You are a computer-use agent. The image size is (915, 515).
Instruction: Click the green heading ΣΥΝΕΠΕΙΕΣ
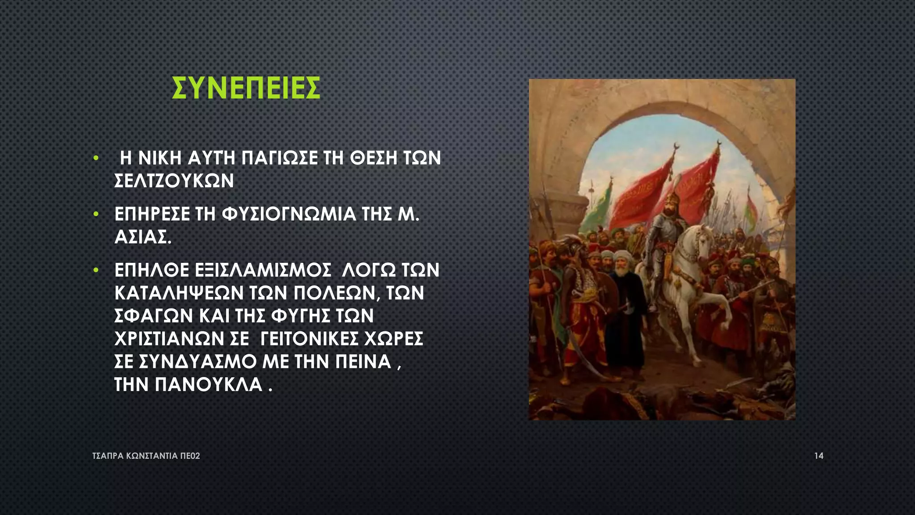click(246, 88)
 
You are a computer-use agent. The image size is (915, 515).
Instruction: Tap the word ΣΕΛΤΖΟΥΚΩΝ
click(174, 181)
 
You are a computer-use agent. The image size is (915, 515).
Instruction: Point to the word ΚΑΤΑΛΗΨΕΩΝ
click(179, 293)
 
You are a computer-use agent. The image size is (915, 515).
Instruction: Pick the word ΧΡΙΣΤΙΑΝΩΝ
click(169, 339)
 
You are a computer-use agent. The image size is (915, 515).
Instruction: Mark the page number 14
click(818, 456)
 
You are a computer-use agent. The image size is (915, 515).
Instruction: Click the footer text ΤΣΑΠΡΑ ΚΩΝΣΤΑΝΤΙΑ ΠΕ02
click(146, 456)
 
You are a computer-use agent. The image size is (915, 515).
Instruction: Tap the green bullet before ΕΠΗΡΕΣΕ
click(96, 215)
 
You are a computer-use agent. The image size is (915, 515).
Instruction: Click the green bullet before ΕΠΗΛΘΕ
click(96, 270)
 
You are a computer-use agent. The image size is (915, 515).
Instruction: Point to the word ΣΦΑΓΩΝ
click(153, 316)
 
